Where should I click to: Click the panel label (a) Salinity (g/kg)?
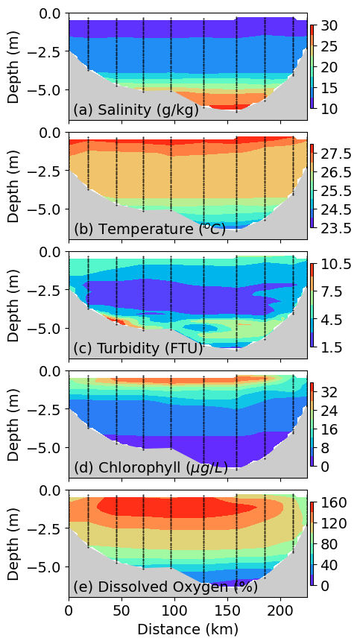point(136,110)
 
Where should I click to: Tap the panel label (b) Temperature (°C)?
point(149,229)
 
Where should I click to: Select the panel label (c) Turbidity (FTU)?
point(138,348)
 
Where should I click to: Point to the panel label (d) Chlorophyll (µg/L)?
point(151,468)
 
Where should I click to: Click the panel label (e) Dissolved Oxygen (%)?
point(165,587)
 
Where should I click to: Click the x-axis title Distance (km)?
point(188,629)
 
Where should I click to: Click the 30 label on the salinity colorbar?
point(329,25)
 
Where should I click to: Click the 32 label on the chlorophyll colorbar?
point(329,392)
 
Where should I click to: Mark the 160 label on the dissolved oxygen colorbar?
point(333,502)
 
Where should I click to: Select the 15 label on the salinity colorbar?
point(329,88)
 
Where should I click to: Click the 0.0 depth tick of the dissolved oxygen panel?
point(51,490)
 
